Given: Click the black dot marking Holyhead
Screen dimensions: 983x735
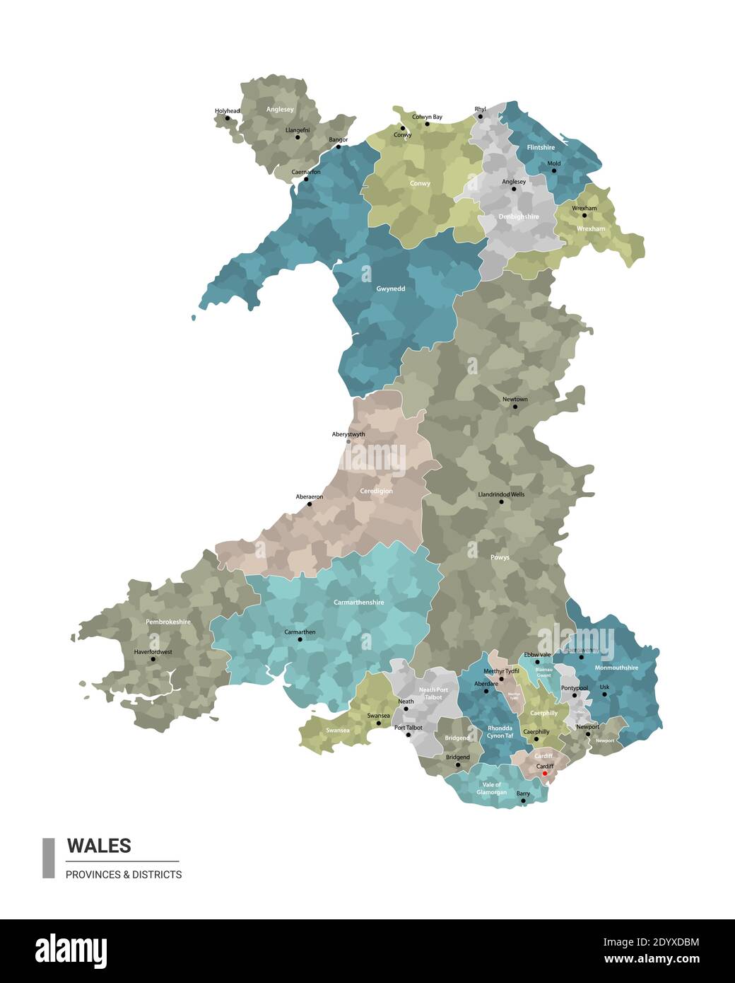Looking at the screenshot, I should point(228,118).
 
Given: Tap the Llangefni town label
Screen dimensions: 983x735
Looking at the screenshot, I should point(298,130).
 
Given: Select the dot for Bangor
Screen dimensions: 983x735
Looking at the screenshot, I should point(338,147).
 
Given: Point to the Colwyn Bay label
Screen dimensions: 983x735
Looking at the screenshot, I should point(427,117).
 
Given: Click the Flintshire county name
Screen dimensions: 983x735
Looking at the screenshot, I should point(541,148).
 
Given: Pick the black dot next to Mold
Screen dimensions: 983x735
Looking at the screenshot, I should point(554,171).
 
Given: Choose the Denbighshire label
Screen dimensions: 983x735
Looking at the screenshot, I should point(518,217).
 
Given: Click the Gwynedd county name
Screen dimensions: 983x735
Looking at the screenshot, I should point(391,289).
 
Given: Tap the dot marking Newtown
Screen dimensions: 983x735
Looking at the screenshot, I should point(515,407).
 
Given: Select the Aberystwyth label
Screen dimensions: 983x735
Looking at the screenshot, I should point(348,434).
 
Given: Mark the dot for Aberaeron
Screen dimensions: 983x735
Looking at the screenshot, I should point(310,505).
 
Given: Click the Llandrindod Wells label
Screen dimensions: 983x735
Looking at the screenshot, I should point(501,494).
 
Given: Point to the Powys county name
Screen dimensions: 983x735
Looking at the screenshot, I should point(500,557).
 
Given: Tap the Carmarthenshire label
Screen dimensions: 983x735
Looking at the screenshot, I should point(358,603).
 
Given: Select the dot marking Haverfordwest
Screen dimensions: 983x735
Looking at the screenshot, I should point(153,659).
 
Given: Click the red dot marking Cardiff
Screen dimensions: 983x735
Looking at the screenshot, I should point(544,774).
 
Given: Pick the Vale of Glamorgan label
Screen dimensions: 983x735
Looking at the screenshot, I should point(491,789).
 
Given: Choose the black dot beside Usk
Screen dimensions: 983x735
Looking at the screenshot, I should point(604,694).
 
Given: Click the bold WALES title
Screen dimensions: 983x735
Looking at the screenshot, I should point(99,846).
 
